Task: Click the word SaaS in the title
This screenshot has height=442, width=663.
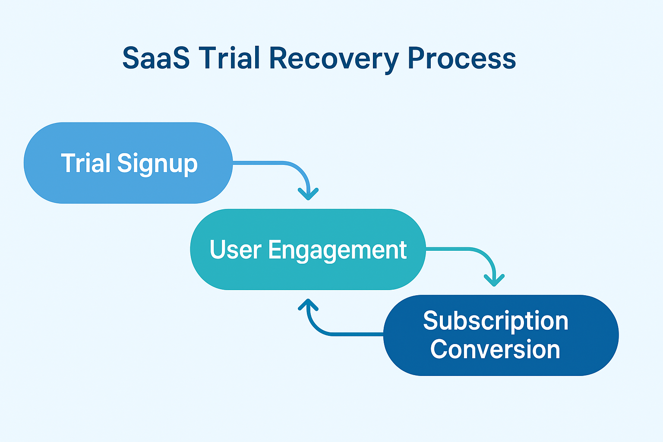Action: coord(156,58)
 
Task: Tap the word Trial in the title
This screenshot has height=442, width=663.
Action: coord(229,58)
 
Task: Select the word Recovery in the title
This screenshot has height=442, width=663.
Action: coord(333,59)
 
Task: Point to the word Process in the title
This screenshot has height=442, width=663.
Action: coord(461,58)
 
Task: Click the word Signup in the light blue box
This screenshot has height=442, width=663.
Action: coord(157,164)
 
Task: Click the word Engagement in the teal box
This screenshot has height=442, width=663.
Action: coord(337,250)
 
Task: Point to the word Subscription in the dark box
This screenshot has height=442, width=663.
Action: coord(496,321)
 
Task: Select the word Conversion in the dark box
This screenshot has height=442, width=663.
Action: coord(495,349)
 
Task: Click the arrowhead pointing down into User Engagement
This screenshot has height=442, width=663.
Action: coord(308,194)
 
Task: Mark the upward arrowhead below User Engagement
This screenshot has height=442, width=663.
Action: coord(308,305)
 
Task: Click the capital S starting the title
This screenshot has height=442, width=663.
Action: coord(131,58)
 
